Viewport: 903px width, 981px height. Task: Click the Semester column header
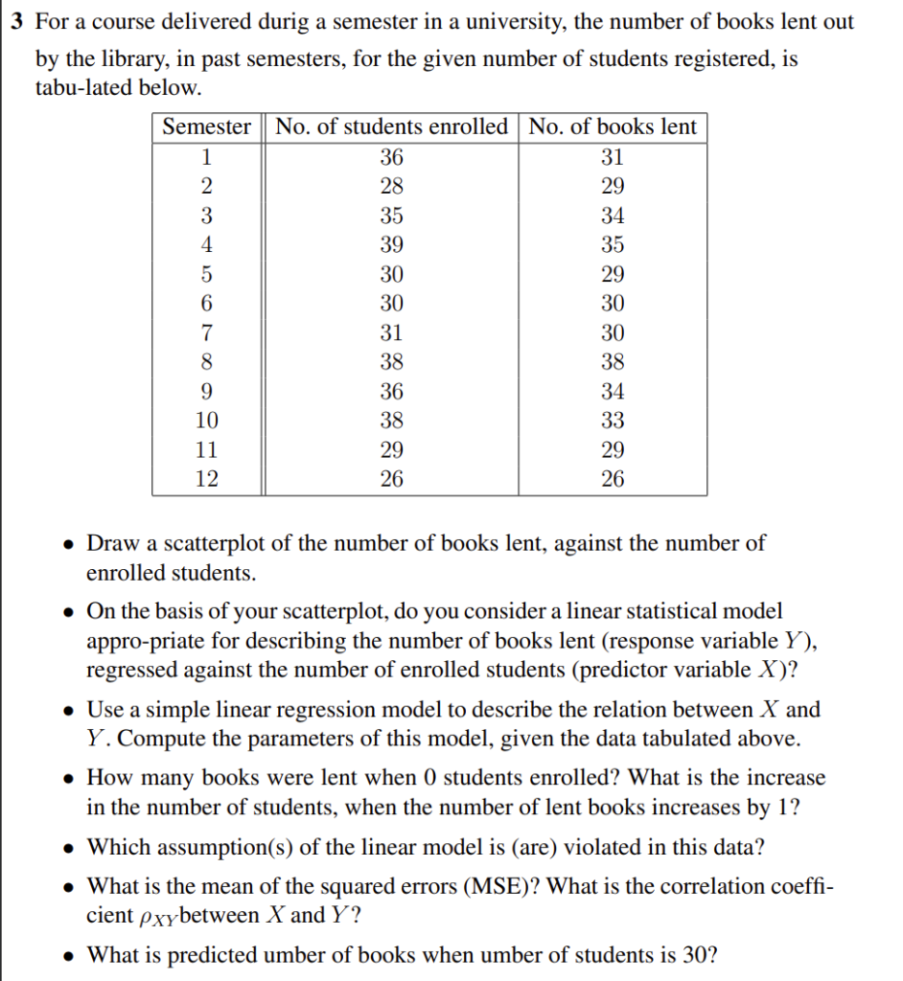pos(206,127)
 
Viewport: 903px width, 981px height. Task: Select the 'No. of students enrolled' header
pos(391,127)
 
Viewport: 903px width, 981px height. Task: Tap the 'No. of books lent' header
pos(613,127)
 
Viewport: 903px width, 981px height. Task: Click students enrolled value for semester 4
pos(391,245)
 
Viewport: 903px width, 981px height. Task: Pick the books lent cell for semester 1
pos(613,158)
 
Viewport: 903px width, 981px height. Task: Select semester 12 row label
pos(206,479)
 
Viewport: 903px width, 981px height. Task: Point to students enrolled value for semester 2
pos(391,187)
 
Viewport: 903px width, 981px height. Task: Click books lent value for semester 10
pos(613,421)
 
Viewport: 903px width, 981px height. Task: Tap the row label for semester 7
pos(206,333)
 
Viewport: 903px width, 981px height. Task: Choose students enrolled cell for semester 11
pos(391,449)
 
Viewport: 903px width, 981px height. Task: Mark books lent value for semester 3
pos(613,216)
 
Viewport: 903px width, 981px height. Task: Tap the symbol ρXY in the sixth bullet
pos(159,917)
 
